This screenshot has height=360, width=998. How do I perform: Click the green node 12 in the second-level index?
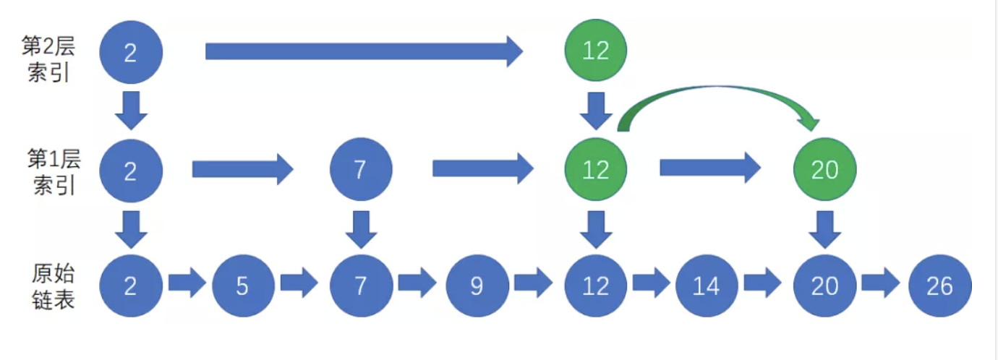coord(595,51)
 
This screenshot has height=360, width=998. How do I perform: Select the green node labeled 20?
coord(824,169)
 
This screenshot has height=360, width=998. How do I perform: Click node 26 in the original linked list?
coord(939,286)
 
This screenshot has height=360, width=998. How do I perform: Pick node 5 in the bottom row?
coord(243,286)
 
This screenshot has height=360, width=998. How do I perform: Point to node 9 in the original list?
coord(477,286)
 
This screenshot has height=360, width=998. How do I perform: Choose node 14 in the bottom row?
coord(707,286)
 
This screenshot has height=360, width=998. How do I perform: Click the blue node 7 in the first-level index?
coord(361,169)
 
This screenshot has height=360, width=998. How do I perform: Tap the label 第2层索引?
coord(49,60)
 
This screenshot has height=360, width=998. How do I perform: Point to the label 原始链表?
coord(53,286)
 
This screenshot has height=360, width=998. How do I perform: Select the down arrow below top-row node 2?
coord(131,110)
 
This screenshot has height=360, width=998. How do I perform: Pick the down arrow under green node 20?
coord(824,228)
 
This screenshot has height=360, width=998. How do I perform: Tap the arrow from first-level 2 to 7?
coord(242,169)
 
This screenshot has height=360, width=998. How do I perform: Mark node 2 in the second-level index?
coord(131,52)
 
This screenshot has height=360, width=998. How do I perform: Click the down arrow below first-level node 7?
coord(361,228)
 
